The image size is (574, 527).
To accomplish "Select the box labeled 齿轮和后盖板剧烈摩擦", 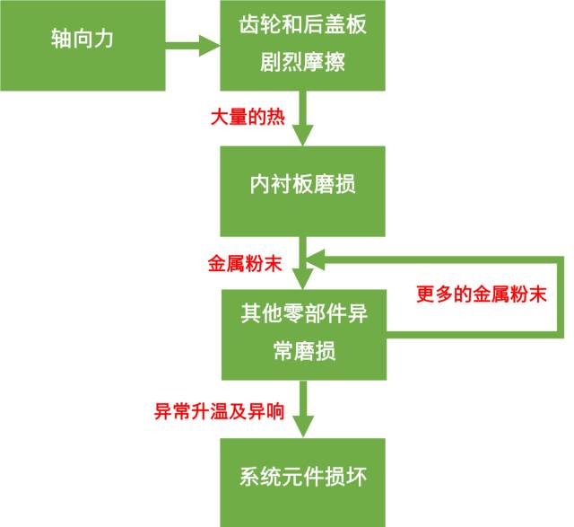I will tap(303, 45).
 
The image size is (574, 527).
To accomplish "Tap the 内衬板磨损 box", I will tap(303, 185).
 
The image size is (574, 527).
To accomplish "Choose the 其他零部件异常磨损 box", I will tap(303, 331).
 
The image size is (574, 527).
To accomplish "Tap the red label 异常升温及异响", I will tap(220, 412).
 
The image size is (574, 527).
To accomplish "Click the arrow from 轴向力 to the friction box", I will tap(194, 44).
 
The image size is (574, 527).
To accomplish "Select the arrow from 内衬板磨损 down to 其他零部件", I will tap(304, 260).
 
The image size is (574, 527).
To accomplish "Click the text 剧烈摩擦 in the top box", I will tap(303, 66).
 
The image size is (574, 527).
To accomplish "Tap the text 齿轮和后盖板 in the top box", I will tap(303, 26).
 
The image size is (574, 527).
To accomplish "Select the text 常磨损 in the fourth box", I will tap(303, 351).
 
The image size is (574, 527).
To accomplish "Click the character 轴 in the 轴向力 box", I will tap(61, 41).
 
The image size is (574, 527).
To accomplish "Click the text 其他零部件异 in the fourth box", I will tap(303, 313).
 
